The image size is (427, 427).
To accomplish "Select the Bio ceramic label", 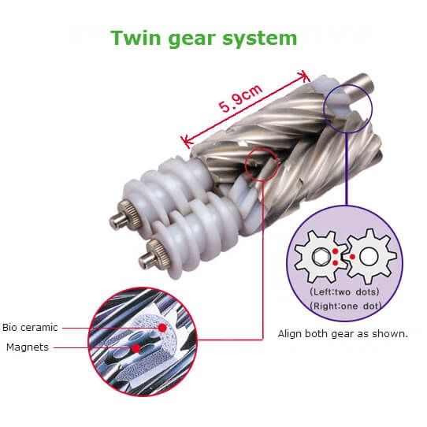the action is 30,327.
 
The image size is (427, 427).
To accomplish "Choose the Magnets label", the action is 28,347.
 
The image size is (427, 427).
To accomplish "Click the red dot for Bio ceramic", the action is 162,328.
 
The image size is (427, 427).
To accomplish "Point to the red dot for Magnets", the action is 136,348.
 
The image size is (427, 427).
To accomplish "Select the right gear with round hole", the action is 369,257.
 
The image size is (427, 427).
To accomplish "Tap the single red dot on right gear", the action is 352,257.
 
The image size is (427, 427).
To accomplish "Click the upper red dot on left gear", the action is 336,251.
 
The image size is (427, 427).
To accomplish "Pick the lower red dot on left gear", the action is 336,263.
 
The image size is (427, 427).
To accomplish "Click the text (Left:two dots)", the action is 344,292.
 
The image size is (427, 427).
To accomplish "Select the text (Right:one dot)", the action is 346,306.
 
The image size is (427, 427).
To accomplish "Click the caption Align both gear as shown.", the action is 343,333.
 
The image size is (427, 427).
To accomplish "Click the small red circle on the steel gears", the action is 262,165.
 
